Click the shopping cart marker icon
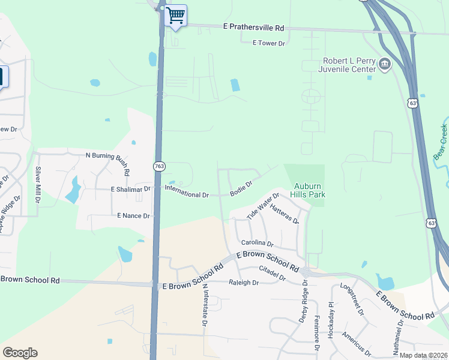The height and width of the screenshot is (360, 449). (x=176, y=15)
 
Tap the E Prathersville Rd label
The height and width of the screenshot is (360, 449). (x=253, y=28)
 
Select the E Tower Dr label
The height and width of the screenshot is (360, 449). (x=268, y=43)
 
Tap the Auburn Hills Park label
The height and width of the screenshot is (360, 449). (x=308, y=191)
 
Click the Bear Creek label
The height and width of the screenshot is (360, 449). (x=441, y=142)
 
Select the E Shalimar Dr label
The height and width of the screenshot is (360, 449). (x=130, y=190)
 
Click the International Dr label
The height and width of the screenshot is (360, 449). (x=187, y=195)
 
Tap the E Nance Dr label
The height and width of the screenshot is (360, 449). (x=133, y=215)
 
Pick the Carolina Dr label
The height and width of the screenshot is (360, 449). (x=258, y=244)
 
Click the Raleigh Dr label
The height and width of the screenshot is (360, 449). (x=243, y=282)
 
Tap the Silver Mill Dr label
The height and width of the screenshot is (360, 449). (x=38, y=184)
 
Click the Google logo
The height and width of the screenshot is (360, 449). (x=20, y=353)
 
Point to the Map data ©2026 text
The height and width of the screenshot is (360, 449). (x=422, y=355)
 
